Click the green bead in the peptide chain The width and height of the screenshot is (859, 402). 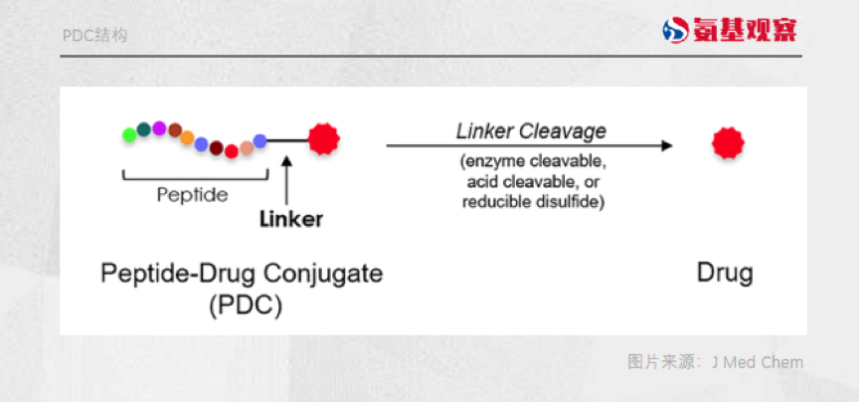(129, 133)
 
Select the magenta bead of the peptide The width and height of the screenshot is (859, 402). (159, 126)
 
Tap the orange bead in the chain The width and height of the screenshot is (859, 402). (187, 137)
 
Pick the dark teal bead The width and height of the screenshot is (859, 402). (144, 128)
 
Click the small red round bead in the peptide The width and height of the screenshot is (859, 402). (231, 151)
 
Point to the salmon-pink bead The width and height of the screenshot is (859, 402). (246, 148)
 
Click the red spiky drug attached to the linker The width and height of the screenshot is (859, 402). (323, 139)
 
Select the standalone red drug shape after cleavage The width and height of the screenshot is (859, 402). (727, 144)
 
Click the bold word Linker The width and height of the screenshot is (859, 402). (290, 219)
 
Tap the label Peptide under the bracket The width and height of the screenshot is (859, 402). (192, 195)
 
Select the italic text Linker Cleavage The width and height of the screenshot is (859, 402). (531, 131)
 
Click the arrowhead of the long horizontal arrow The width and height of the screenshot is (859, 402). (667, 145)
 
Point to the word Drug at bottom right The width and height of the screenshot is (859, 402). (724, 273)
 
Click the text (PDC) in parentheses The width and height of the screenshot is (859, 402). (246, 305)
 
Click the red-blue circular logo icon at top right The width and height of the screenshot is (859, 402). (676, 30)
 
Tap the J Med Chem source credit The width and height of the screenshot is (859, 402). (757, 361)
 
